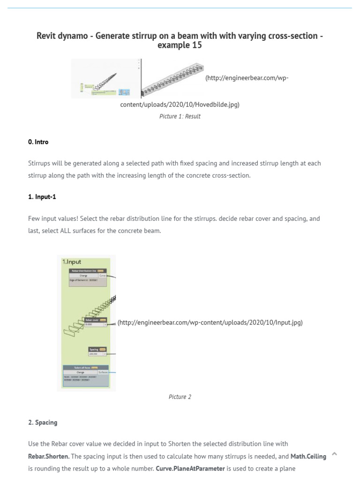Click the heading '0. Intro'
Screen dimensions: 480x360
tap(38, 142)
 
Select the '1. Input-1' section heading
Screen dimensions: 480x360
tap(42, 196)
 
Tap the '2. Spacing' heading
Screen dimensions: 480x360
tap(42, 422)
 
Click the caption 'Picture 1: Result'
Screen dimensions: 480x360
tap(180, 116)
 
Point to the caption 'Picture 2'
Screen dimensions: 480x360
tap(180, 397)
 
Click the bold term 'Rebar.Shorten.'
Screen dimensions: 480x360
tap(49, 456)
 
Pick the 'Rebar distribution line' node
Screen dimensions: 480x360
tap(88, 271)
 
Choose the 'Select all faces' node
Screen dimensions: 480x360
tap(86, 368)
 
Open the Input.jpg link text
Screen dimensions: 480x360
tap(210, 322)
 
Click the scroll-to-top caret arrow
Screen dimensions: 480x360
tap(334, 454)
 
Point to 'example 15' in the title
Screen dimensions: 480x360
tap(180, 45)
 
